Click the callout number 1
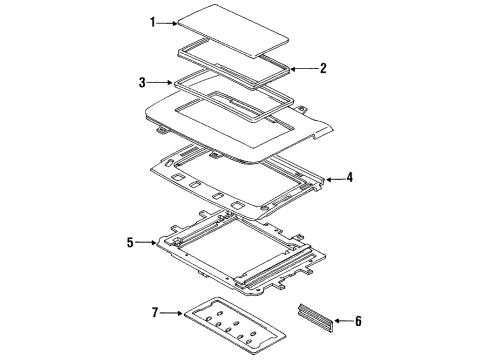pyautogui.click(x=153, y=22)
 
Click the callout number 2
pyautogui.click(x=322, y=69)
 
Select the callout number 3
pyautogui.click(x=143, y=82)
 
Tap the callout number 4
pyautogui.click(x=349, y=178)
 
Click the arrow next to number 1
pyautogui.click(x=169, y=22)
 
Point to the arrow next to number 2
pyautogui.click(x=304, y=69)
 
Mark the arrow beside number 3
pyautogui.click(x=160, y=82)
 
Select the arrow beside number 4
pyautogui.click(x=332, y=178)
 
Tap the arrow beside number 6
pyautogui.click(x=344, y=320)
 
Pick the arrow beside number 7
pyautogui.click(x=169, y=313)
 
